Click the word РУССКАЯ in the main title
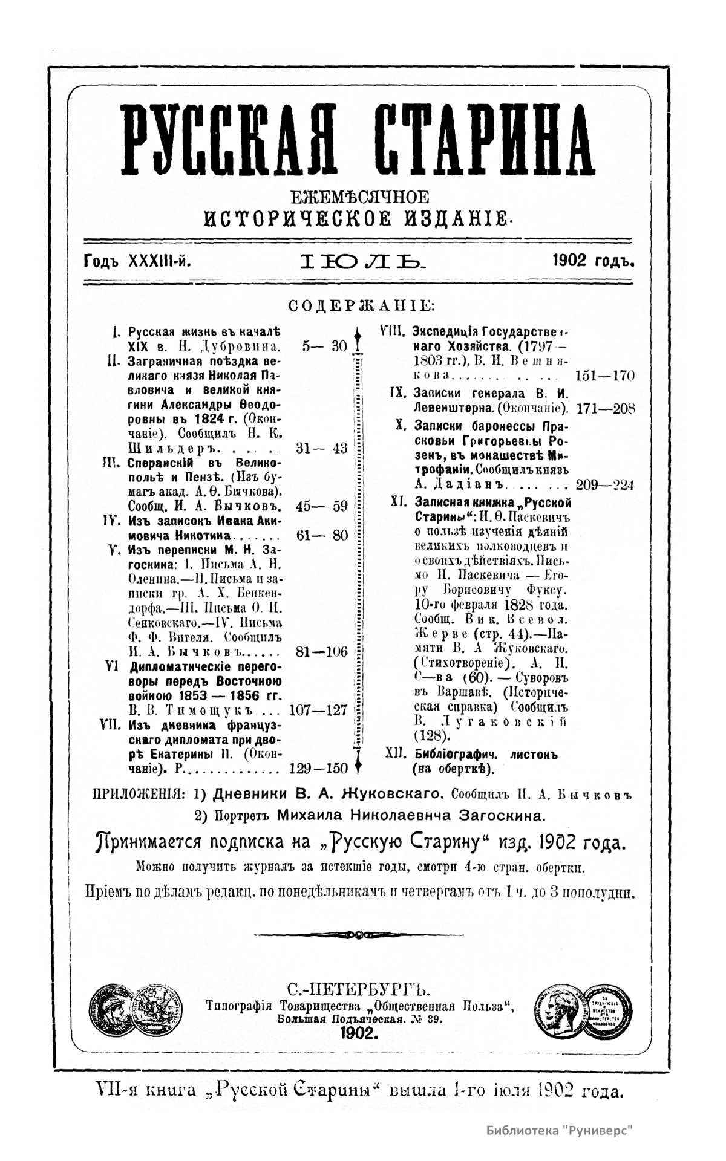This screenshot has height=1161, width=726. [229, 140]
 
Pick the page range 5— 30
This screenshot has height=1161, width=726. [324, 346]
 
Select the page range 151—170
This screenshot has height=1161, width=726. [605, 376]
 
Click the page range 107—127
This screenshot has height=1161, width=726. [319, 710]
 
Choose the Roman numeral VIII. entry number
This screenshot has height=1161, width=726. [391, 331]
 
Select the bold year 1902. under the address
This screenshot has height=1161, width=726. [359, 1033]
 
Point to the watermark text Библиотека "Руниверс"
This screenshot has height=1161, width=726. [562, 1129]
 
